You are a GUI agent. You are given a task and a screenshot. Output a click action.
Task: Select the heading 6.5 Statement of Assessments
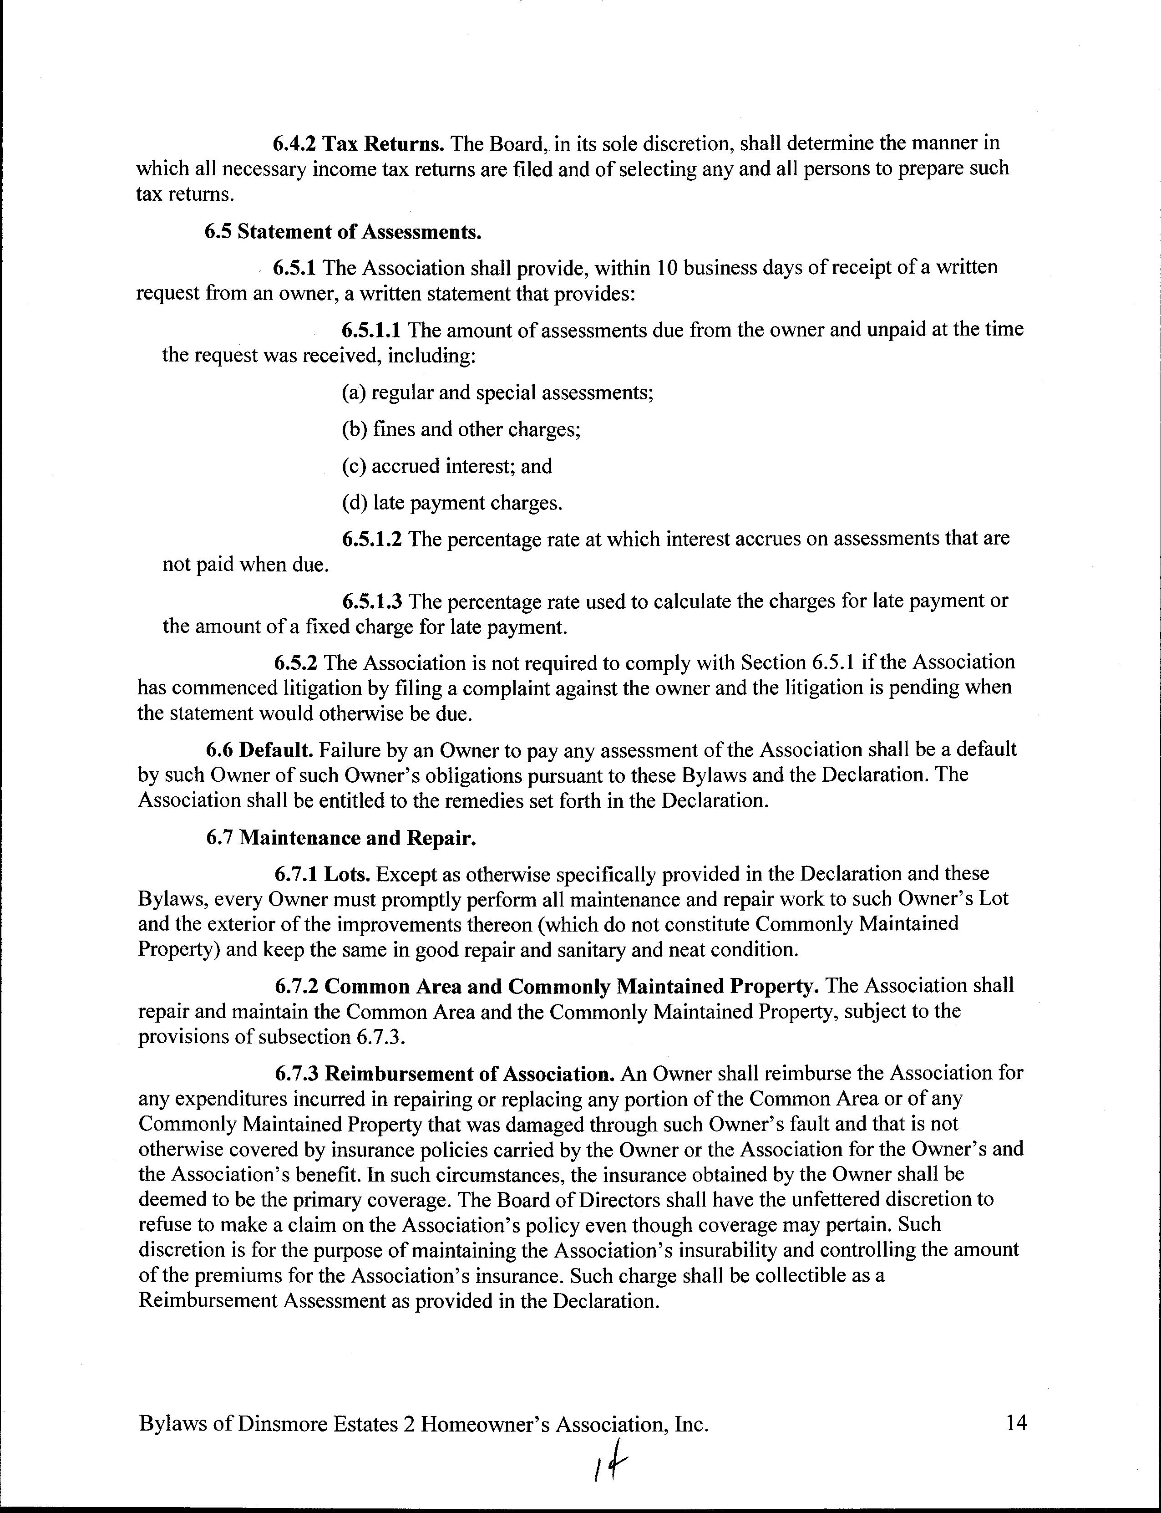(343, 232)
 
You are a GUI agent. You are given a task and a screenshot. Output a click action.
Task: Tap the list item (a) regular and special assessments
(497, 392)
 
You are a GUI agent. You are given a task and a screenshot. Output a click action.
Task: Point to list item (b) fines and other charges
(461, 429)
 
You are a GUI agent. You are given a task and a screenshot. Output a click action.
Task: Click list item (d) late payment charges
(452, 503)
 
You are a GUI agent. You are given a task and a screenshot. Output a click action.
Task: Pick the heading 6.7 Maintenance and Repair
(341, 838)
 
